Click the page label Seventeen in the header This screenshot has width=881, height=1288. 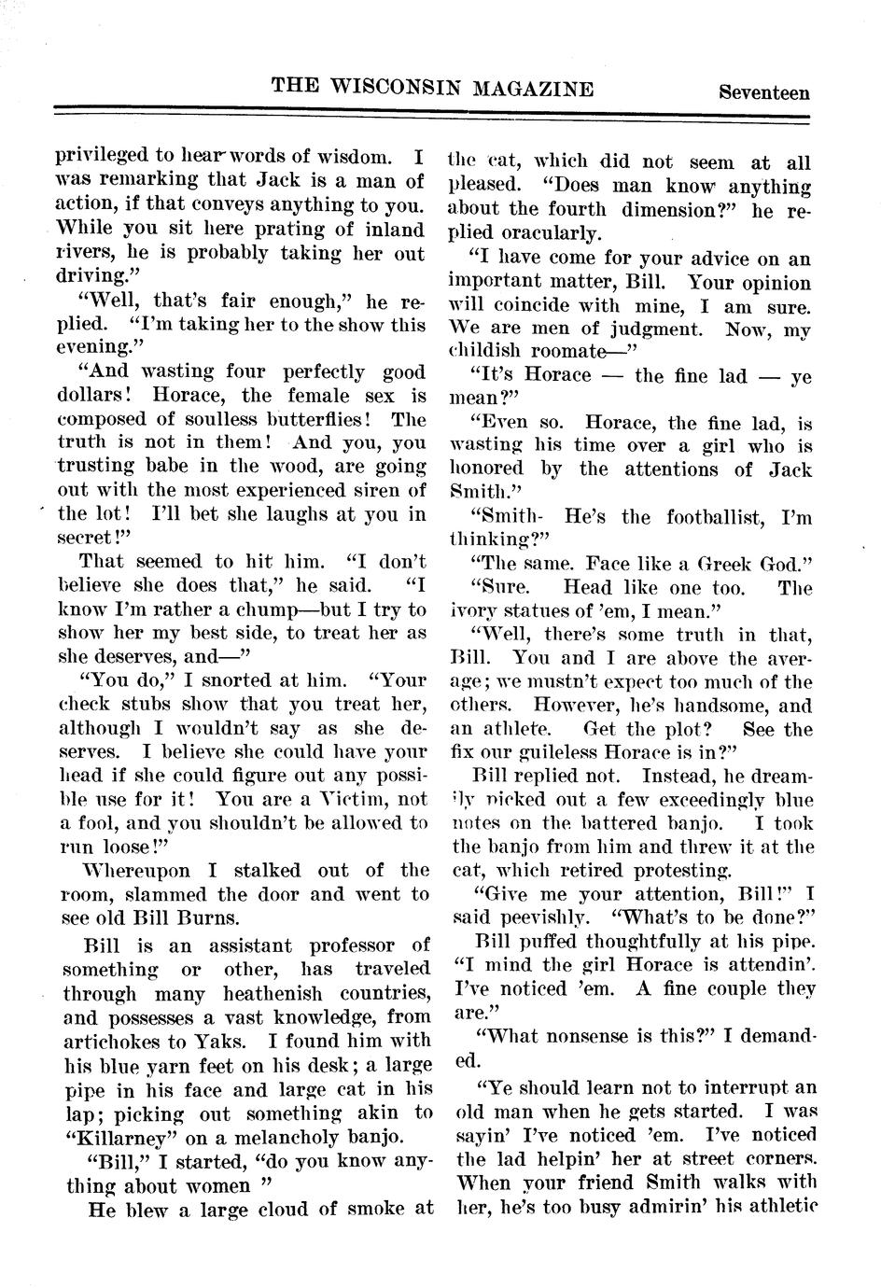[763, 92]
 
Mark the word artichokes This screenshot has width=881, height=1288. [113, 1042]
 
